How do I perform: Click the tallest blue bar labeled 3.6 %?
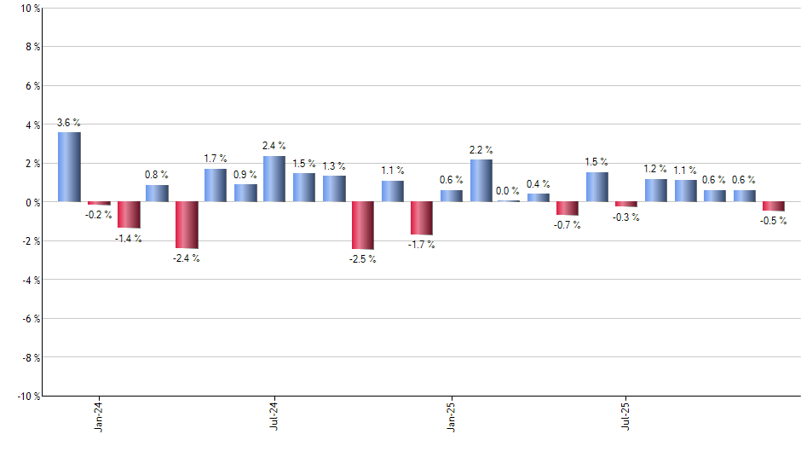tap(69, 167)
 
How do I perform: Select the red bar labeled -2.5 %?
tap(363, 225)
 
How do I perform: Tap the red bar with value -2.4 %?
tap(187, 224)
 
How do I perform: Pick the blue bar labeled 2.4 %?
tap(274, 179)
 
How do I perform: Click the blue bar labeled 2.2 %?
tap(481, 181)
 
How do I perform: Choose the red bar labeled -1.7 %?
tap(422, 218)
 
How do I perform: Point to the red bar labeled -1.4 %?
tap(128, 215)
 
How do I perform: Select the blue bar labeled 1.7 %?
tap(216, 185)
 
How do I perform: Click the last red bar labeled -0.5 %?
tap(774, 206)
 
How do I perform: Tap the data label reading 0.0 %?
tap(508, 191)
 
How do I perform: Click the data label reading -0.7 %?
tap(568, 225)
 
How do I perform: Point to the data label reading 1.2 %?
tap(655, 169)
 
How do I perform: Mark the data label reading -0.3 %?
tap(626, 217)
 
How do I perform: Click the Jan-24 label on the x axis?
tap(99, 415)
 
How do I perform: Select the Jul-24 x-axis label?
tap(274, 415)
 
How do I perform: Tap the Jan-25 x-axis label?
tap(451, 415)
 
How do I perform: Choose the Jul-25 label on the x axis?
tap(626, 415)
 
